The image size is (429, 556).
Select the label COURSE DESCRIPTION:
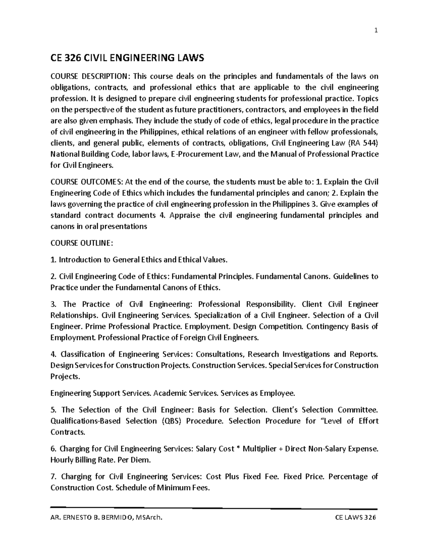click(88, 76)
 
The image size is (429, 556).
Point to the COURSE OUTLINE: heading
click(82, 243)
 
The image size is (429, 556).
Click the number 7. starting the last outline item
click(54, 477)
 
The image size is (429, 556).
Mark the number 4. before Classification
click(54, 354)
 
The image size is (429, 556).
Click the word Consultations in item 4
click(220, 354)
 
